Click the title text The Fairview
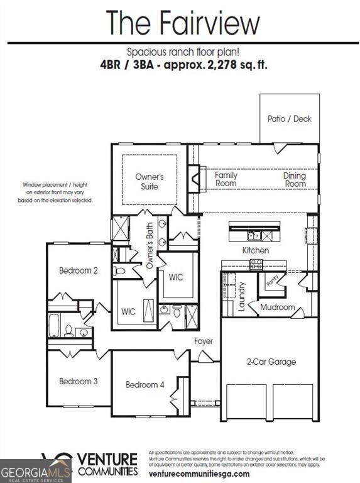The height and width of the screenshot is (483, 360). [x=182, y=23]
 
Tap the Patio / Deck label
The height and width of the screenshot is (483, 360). [x=289, y=118]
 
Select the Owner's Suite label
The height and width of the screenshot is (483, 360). [x=150, y=182]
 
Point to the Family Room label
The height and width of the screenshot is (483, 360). [x=226, y=179]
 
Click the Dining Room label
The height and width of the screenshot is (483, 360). [x=294, y=180]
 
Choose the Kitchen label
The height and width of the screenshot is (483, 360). [x=256, y=250]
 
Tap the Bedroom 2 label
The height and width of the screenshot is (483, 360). [x=79, y=270]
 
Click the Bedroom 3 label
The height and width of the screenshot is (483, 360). [x=79, y=381]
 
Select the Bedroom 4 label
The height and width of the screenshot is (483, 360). [x=145, y=384]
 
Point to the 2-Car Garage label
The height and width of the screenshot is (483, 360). [x=271, y=362]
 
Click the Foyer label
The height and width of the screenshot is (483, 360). [x=203, y=341]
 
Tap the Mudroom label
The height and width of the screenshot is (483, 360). [x=277, y=308]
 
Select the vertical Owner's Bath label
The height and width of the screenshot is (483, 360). [x=150, y=247]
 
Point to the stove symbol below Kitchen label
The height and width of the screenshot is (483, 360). [x=256, y=265]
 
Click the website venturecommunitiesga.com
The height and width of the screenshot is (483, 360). [x=199, y=474]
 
